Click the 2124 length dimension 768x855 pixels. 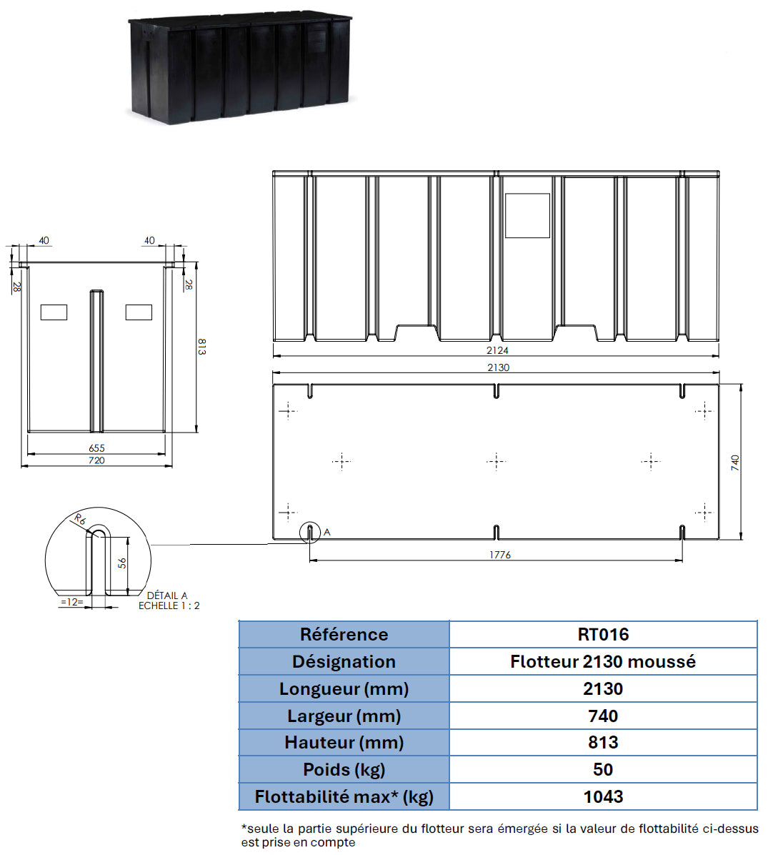coord(497,350)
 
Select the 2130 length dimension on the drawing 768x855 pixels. coord(498,367)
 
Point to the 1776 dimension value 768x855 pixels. coord(499,555)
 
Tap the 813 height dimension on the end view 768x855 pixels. coord(201,347)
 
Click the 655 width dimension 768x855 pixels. coord(96,448)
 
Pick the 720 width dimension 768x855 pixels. coord(96,460)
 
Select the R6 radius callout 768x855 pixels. coord(79,520)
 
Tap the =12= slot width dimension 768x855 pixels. coord(72,602)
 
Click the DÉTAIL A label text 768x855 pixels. coord(167,595)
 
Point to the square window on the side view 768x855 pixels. coord(527,215)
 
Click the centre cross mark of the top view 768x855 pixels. coord(496,461)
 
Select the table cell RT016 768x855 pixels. coord(603,634)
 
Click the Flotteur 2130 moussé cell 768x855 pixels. coord(603,661)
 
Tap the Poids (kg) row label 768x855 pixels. coord(344,769)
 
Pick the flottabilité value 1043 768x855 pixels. coord(603,796)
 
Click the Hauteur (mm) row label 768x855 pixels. coord(344,742)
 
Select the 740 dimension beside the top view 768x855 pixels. coord(735,463)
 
